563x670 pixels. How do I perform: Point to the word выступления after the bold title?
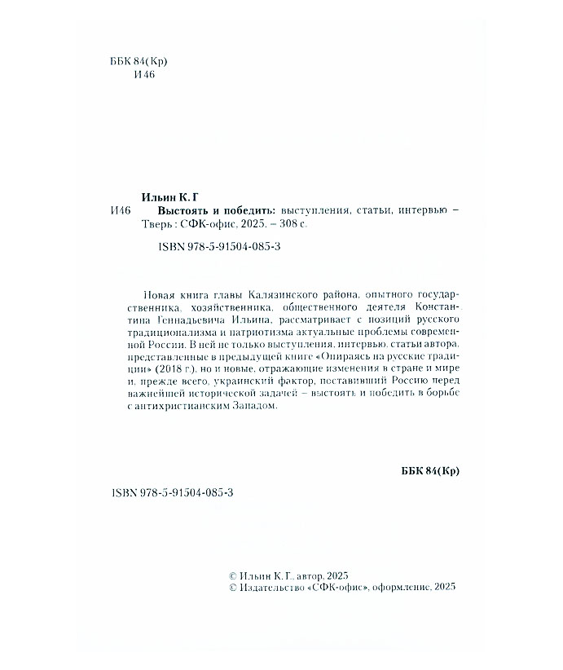(313, 211)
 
